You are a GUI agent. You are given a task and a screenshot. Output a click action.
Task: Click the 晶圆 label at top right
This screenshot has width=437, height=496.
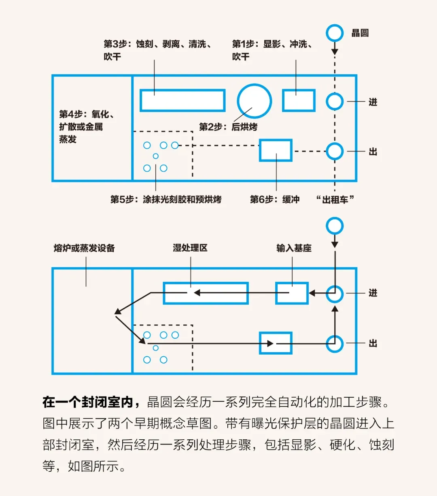360,33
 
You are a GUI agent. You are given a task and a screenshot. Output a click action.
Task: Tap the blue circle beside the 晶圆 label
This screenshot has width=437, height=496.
335,33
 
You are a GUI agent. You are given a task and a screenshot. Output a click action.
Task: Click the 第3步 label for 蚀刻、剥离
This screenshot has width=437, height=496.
158,50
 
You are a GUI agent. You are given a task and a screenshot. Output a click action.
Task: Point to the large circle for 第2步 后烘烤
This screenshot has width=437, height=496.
254,101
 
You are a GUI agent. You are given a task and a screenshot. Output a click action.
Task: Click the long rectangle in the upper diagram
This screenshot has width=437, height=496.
182,100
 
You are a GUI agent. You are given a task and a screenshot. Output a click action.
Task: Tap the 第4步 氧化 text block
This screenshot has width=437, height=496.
87,127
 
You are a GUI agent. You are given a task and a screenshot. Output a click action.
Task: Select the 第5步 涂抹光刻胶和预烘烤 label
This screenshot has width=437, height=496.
166,199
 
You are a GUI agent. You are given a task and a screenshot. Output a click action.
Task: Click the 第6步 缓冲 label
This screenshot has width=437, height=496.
275,199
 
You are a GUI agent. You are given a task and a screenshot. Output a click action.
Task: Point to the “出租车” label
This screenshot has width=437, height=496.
335,199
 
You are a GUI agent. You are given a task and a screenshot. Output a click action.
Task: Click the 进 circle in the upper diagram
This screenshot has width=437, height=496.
335,101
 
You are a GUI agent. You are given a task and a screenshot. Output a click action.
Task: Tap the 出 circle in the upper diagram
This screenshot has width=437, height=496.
335,151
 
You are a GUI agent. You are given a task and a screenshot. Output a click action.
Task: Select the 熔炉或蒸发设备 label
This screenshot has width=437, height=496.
84,248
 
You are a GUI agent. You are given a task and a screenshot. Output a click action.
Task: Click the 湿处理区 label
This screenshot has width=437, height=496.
190,248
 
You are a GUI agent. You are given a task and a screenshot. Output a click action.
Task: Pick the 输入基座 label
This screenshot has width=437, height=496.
294,248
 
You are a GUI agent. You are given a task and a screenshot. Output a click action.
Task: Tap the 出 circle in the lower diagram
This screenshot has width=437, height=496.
335,344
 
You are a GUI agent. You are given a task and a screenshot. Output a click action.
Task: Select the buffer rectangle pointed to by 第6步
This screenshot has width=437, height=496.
276,150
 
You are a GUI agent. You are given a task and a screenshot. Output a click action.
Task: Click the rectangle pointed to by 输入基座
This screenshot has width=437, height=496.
292,293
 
